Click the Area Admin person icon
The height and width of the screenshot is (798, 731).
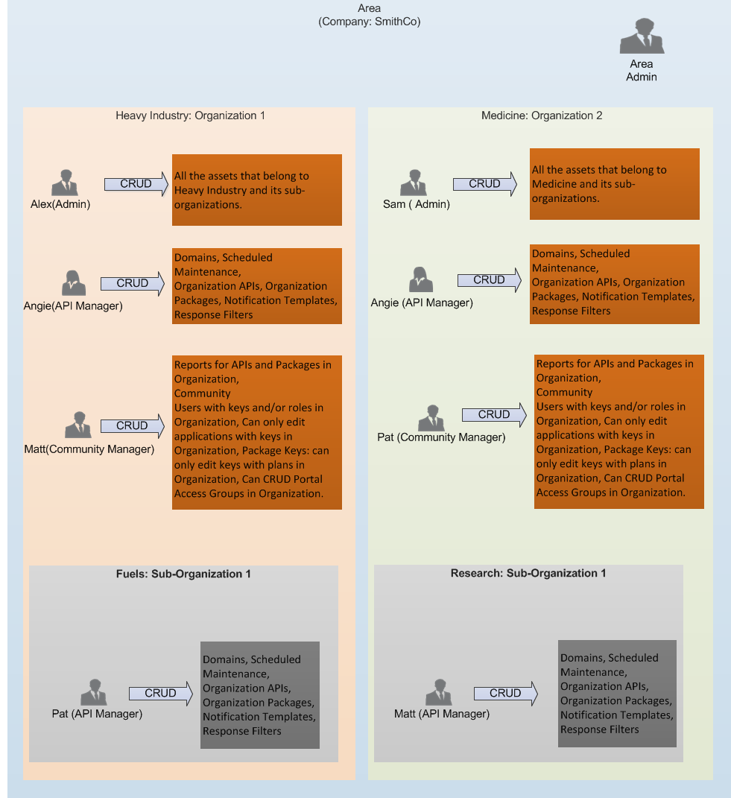642,37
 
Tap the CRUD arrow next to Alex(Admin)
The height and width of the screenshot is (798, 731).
136,184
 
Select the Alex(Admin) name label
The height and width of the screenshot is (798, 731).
60,204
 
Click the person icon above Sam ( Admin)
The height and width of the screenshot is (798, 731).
414,183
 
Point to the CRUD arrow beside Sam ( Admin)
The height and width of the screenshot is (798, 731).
485,184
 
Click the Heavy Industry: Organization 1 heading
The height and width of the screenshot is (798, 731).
190,115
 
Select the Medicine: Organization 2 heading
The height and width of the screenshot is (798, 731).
542,115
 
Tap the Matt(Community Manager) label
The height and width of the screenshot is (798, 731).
89,449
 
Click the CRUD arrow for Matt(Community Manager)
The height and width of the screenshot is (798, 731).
133,426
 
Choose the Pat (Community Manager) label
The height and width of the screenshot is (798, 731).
441,437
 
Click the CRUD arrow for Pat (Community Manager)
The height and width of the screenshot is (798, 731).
494,415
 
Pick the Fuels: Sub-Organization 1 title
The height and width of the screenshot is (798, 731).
183,574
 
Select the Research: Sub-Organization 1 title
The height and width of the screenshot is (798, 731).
528,573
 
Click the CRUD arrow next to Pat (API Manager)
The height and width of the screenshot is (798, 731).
161,694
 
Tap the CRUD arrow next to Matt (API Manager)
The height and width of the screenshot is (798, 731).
505,694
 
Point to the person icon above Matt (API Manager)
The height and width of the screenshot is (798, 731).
439,692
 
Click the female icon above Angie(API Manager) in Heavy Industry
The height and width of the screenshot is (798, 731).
74,283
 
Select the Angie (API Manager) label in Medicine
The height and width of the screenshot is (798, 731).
422,303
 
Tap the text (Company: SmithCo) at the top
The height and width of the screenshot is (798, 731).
370,22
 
